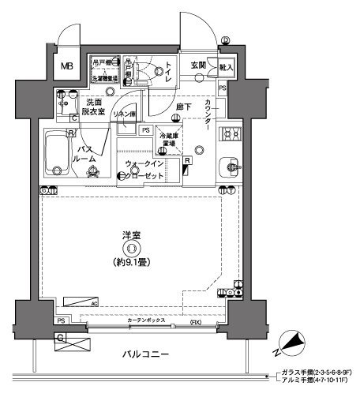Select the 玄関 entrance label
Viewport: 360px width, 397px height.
point(198,66)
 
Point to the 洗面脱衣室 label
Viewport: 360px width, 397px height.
point(97,107)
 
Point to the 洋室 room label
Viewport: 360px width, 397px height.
point(132,234)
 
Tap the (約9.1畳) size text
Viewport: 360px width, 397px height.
point(132,261)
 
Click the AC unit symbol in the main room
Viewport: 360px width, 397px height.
point(81,301)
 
